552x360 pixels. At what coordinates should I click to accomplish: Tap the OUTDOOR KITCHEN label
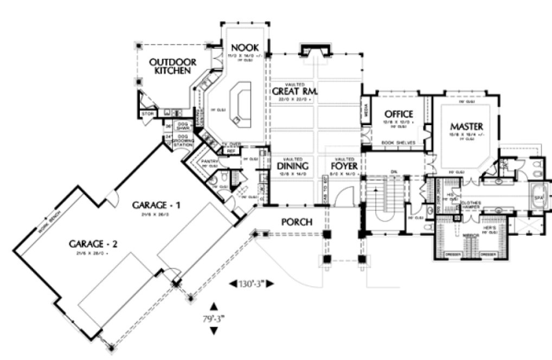[173, 66]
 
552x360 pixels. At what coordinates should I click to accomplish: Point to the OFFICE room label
[399, 114]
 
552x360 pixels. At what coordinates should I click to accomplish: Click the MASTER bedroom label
[466, 126]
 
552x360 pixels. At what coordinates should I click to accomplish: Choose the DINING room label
[292, 166]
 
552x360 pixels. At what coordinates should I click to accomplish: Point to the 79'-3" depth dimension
[212, 319]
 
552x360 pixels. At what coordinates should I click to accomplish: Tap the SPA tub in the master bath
[538, 198]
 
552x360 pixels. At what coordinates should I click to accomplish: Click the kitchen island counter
[240, 103]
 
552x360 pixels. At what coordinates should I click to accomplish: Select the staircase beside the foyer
[386, 201]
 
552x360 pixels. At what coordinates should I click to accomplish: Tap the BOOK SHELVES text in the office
[399, 143]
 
